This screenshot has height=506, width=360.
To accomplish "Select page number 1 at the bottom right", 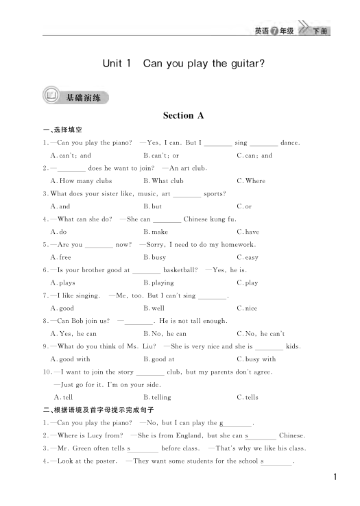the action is pyautogui.click(x=335, y=477).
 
